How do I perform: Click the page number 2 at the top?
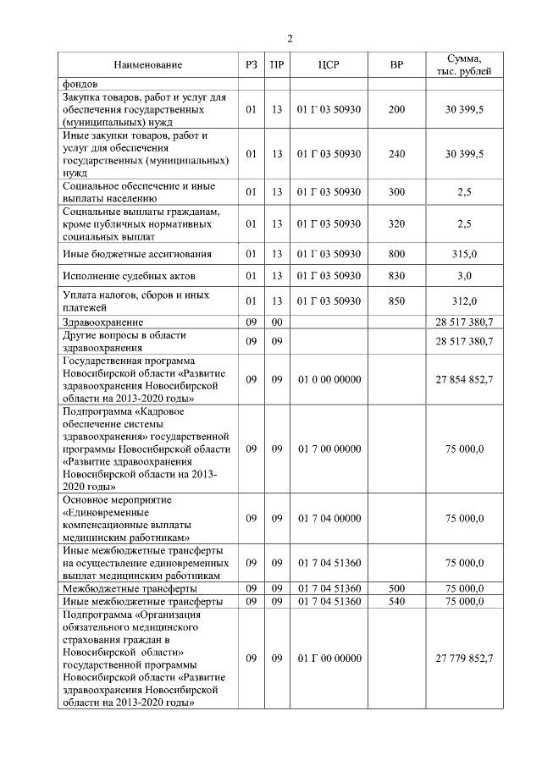290,39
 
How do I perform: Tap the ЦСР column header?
329,64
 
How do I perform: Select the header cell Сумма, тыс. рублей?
464,64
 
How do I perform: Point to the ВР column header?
396,64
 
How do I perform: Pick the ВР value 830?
396,277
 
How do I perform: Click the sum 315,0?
464,253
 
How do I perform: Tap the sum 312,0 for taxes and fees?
464,300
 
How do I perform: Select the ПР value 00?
276,322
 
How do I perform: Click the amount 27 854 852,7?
464,379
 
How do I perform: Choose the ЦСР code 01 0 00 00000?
329,379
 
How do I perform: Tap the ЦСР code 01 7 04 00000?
329,519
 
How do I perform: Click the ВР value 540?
396,601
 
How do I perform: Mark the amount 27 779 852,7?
464,657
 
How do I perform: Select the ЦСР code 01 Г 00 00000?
329,657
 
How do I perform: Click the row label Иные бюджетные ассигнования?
136,253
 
